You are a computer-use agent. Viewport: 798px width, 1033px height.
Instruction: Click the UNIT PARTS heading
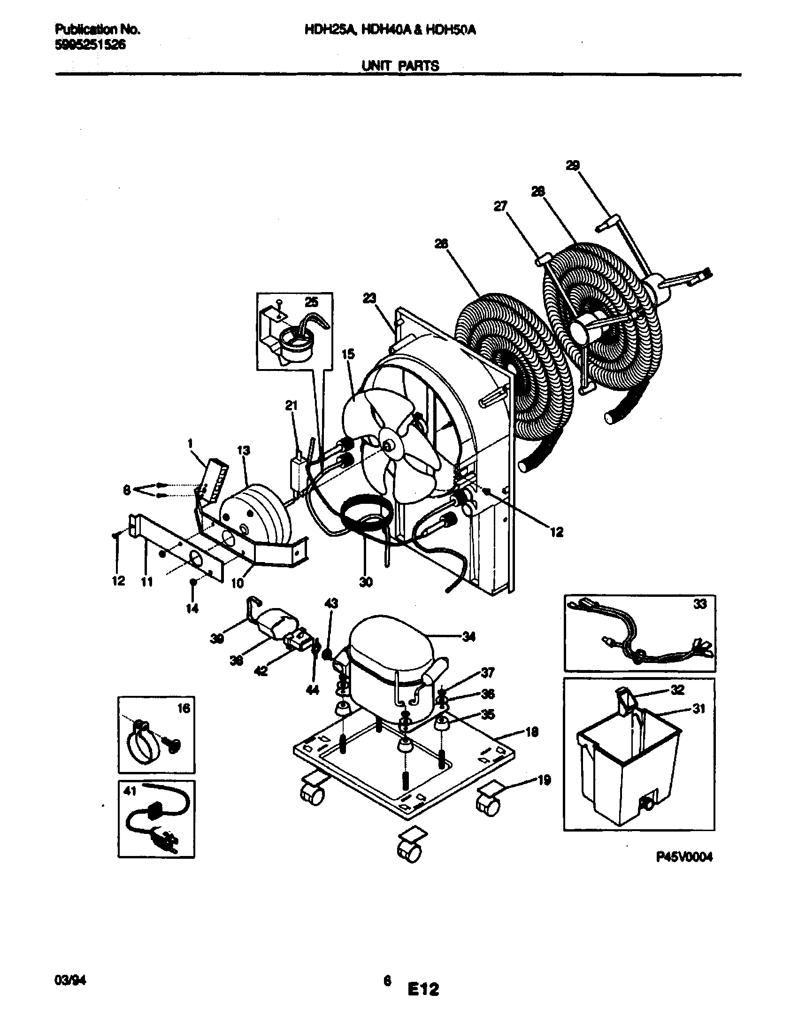tap(400, 66)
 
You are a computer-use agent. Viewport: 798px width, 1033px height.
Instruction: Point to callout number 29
tap(573, 165)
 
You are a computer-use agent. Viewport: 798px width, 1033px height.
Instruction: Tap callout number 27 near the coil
tap(500, 206)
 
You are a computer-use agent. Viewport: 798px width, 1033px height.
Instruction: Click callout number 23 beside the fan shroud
tap(369, 298)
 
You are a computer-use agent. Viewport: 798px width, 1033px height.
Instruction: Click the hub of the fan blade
tap(389, 444)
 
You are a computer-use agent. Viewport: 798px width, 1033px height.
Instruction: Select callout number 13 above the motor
tap(244, 450)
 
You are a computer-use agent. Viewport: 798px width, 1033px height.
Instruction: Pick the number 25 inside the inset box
tap(311, 302)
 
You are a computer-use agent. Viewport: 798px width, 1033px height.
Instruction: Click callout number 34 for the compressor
tap(468, 637)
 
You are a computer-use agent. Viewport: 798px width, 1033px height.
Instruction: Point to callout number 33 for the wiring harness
tap(700, 604)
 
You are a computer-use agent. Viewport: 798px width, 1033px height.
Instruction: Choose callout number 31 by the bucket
tap(698, 709)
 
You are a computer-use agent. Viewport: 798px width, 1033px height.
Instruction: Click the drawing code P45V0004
tap(683, 856)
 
